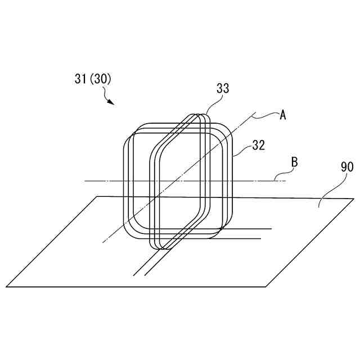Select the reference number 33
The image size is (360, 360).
tap(223, 88)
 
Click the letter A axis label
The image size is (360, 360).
tap(283, 115)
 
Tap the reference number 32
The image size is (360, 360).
tap(258, 145)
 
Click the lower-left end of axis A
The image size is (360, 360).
tap(102, 242)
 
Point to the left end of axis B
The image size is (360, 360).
tap(85, 181)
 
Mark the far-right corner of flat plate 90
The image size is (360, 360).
tap(354, 199)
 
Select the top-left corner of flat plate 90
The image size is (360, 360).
tap(98, 196)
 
